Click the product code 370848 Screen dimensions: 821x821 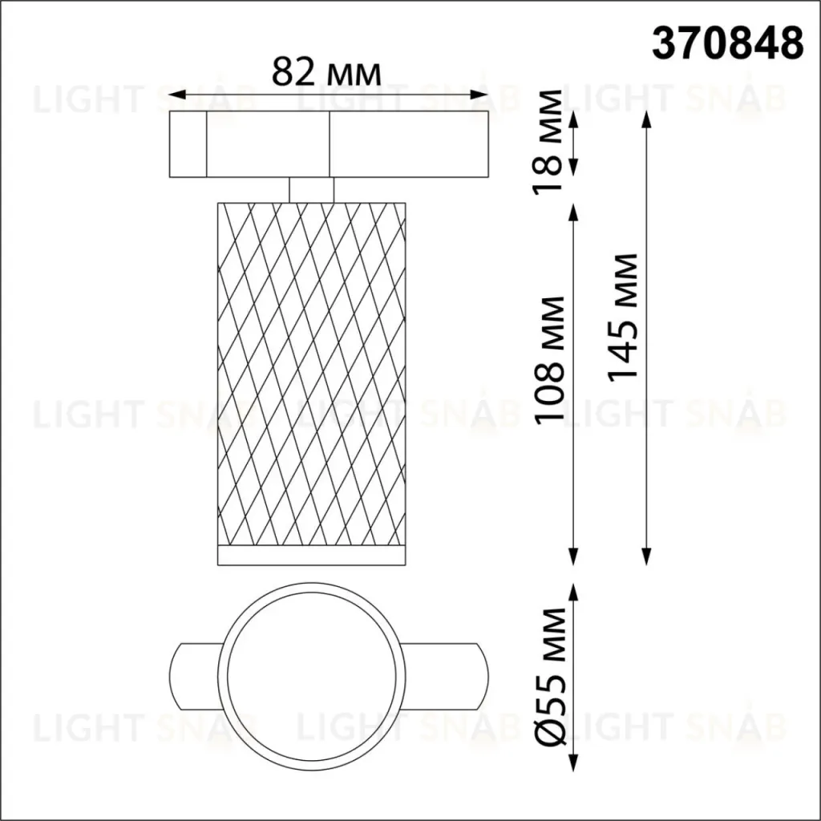[727, 43]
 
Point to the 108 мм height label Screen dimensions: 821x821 [549, 358]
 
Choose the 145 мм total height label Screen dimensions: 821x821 [622, 316]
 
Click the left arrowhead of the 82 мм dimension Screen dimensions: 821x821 [176, 95]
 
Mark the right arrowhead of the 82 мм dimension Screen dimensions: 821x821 [480, 95]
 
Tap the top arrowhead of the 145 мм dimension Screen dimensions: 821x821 [647, 119]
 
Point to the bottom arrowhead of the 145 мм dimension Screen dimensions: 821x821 [647, 556]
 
